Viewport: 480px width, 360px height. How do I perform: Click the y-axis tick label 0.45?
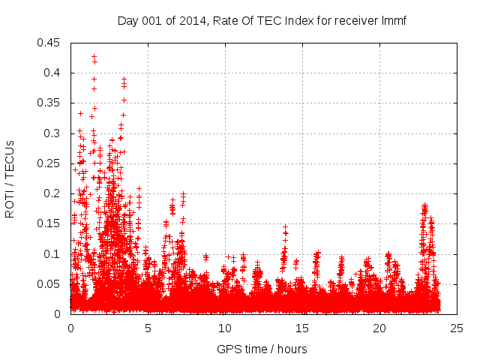(x=49, y=43)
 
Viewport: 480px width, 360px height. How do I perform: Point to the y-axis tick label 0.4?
(x=52, y=73)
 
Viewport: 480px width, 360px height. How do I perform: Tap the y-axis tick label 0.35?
(x=49, y=103)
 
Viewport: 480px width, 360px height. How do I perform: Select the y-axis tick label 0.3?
(x=52, y=133)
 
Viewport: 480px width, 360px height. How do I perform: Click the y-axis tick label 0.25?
(x=49, y=163)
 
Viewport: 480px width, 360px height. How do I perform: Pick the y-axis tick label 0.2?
(x=52, y=193)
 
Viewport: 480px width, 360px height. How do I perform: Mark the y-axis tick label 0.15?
(x=49, y=223)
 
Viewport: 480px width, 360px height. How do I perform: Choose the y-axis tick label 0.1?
(x=52, y=254)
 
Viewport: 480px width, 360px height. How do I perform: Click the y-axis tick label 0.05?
(x=49, y=284)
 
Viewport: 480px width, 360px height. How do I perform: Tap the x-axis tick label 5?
(x=148, y=328)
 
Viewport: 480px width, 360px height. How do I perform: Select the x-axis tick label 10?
(x=225, y=328)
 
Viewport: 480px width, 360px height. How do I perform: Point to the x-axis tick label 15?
(x=302, y=328)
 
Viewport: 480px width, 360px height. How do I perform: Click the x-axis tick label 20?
(x=379, y=328)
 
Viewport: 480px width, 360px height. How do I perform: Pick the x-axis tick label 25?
(x=457, y=328)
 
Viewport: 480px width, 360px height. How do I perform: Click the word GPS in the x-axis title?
(x=228, y=349)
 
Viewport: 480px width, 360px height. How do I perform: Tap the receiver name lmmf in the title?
(x=393, y=20)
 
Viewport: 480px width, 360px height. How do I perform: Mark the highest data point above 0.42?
(x=94, y=56)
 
